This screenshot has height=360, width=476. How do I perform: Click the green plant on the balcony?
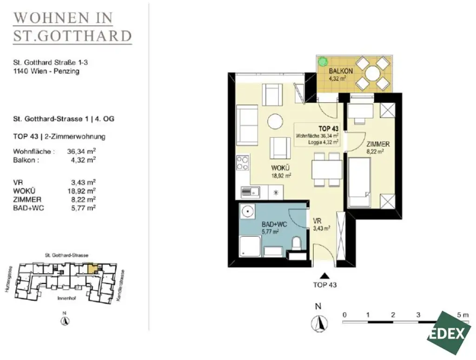click(x=322, y=61)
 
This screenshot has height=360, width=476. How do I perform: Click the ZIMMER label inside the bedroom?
click(x=377, y=144)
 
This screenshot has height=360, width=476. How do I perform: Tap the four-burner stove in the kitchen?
click(x=243, y=163)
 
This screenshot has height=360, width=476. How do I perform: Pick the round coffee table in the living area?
click(x=275, y=122)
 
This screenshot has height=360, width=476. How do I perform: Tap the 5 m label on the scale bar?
click(x=463, y=314)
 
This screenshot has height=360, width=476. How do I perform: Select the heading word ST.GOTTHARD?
click(x=72, y=36)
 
